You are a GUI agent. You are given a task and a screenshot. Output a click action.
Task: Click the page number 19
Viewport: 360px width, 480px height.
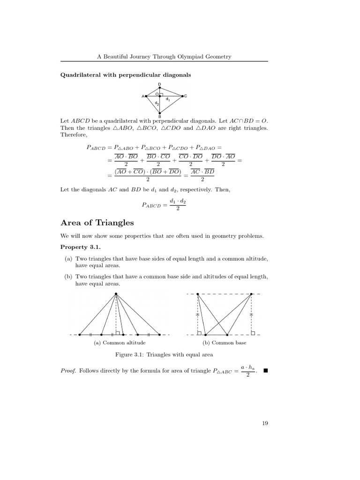click(x=265, y=423)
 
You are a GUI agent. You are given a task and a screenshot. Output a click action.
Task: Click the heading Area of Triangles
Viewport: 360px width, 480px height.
click(x=97, y=223)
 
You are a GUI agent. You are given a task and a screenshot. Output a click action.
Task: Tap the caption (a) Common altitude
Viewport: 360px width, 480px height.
click(x=116, y=343)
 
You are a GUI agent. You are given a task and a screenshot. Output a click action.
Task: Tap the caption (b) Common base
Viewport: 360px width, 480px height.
click(x=224, y=343)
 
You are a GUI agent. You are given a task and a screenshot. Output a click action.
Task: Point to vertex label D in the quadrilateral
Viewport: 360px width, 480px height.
click(x=159, y=84)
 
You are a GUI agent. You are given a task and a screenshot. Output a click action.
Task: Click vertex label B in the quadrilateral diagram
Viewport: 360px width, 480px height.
click(x=159, y=117)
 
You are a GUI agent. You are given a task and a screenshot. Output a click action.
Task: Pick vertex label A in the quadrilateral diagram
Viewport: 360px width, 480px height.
click(x=142, y=97)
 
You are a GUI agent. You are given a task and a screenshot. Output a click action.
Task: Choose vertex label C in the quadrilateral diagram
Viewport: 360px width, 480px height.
click(x=186, y=96)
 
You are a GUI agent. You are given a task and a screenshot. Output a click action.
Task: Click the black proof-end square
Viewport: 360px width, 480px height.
click(x=265, y=371)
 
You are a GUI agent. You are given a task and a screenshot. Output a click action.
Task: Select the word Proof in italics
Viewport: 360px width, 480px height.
click(x=68, y=371)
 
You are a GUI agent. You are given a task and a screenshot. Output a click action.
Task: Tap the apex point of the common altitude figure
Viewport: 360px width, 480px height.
click(x=116, y=294)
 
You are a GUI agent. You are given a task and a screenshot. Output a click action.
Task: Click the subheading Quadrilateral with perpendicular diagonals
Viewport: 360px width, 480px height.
click(x=126, y=75)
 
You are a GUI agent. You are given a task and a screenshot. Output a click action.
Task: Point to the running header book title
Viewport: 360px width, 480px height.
click(x=164, y=57)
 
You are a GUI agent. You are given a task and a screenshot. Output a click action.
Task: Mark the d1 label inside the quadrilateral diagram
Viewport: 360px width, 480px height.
click(x=168, y=99)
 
